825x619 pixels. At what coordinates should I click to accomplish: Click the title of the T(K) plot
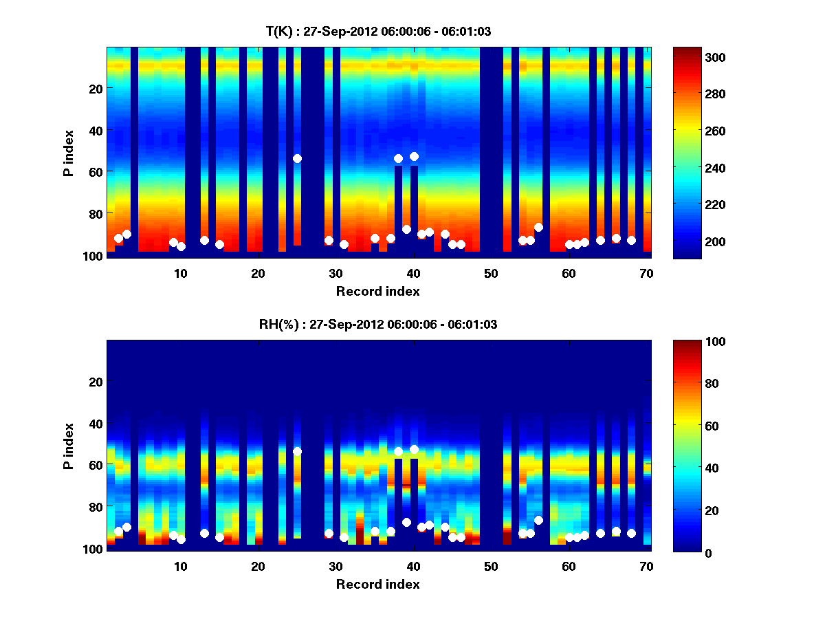coord(378,32)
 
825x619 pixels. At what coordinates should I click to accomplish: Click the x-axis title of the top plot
coord(378,291)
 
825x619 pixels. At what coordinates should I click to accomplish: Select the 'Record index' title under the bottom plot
coord(378,584)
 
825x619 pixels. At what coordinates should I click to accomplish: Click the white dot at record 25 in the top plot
coord(297,158)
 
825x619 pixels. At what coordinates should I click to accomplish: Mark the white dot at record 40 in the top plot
coord(414,156)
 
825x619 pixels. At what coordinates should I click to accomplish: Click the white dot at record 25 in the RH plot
coord(297,451)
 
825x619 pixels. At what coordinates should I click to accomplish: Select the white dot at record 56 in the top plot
coord(538,227)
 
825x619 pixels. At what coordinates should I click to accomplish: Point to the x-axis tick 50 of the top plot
coord(491,273)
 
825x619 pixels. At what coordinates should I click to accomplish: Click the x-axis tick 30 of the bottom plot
coord(335,566)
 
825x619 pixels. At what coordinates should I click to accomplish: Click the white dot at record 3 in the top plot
coord(126,234)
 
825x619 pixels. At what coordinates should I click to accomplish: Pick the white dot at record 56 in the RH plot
coord(538,520)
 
